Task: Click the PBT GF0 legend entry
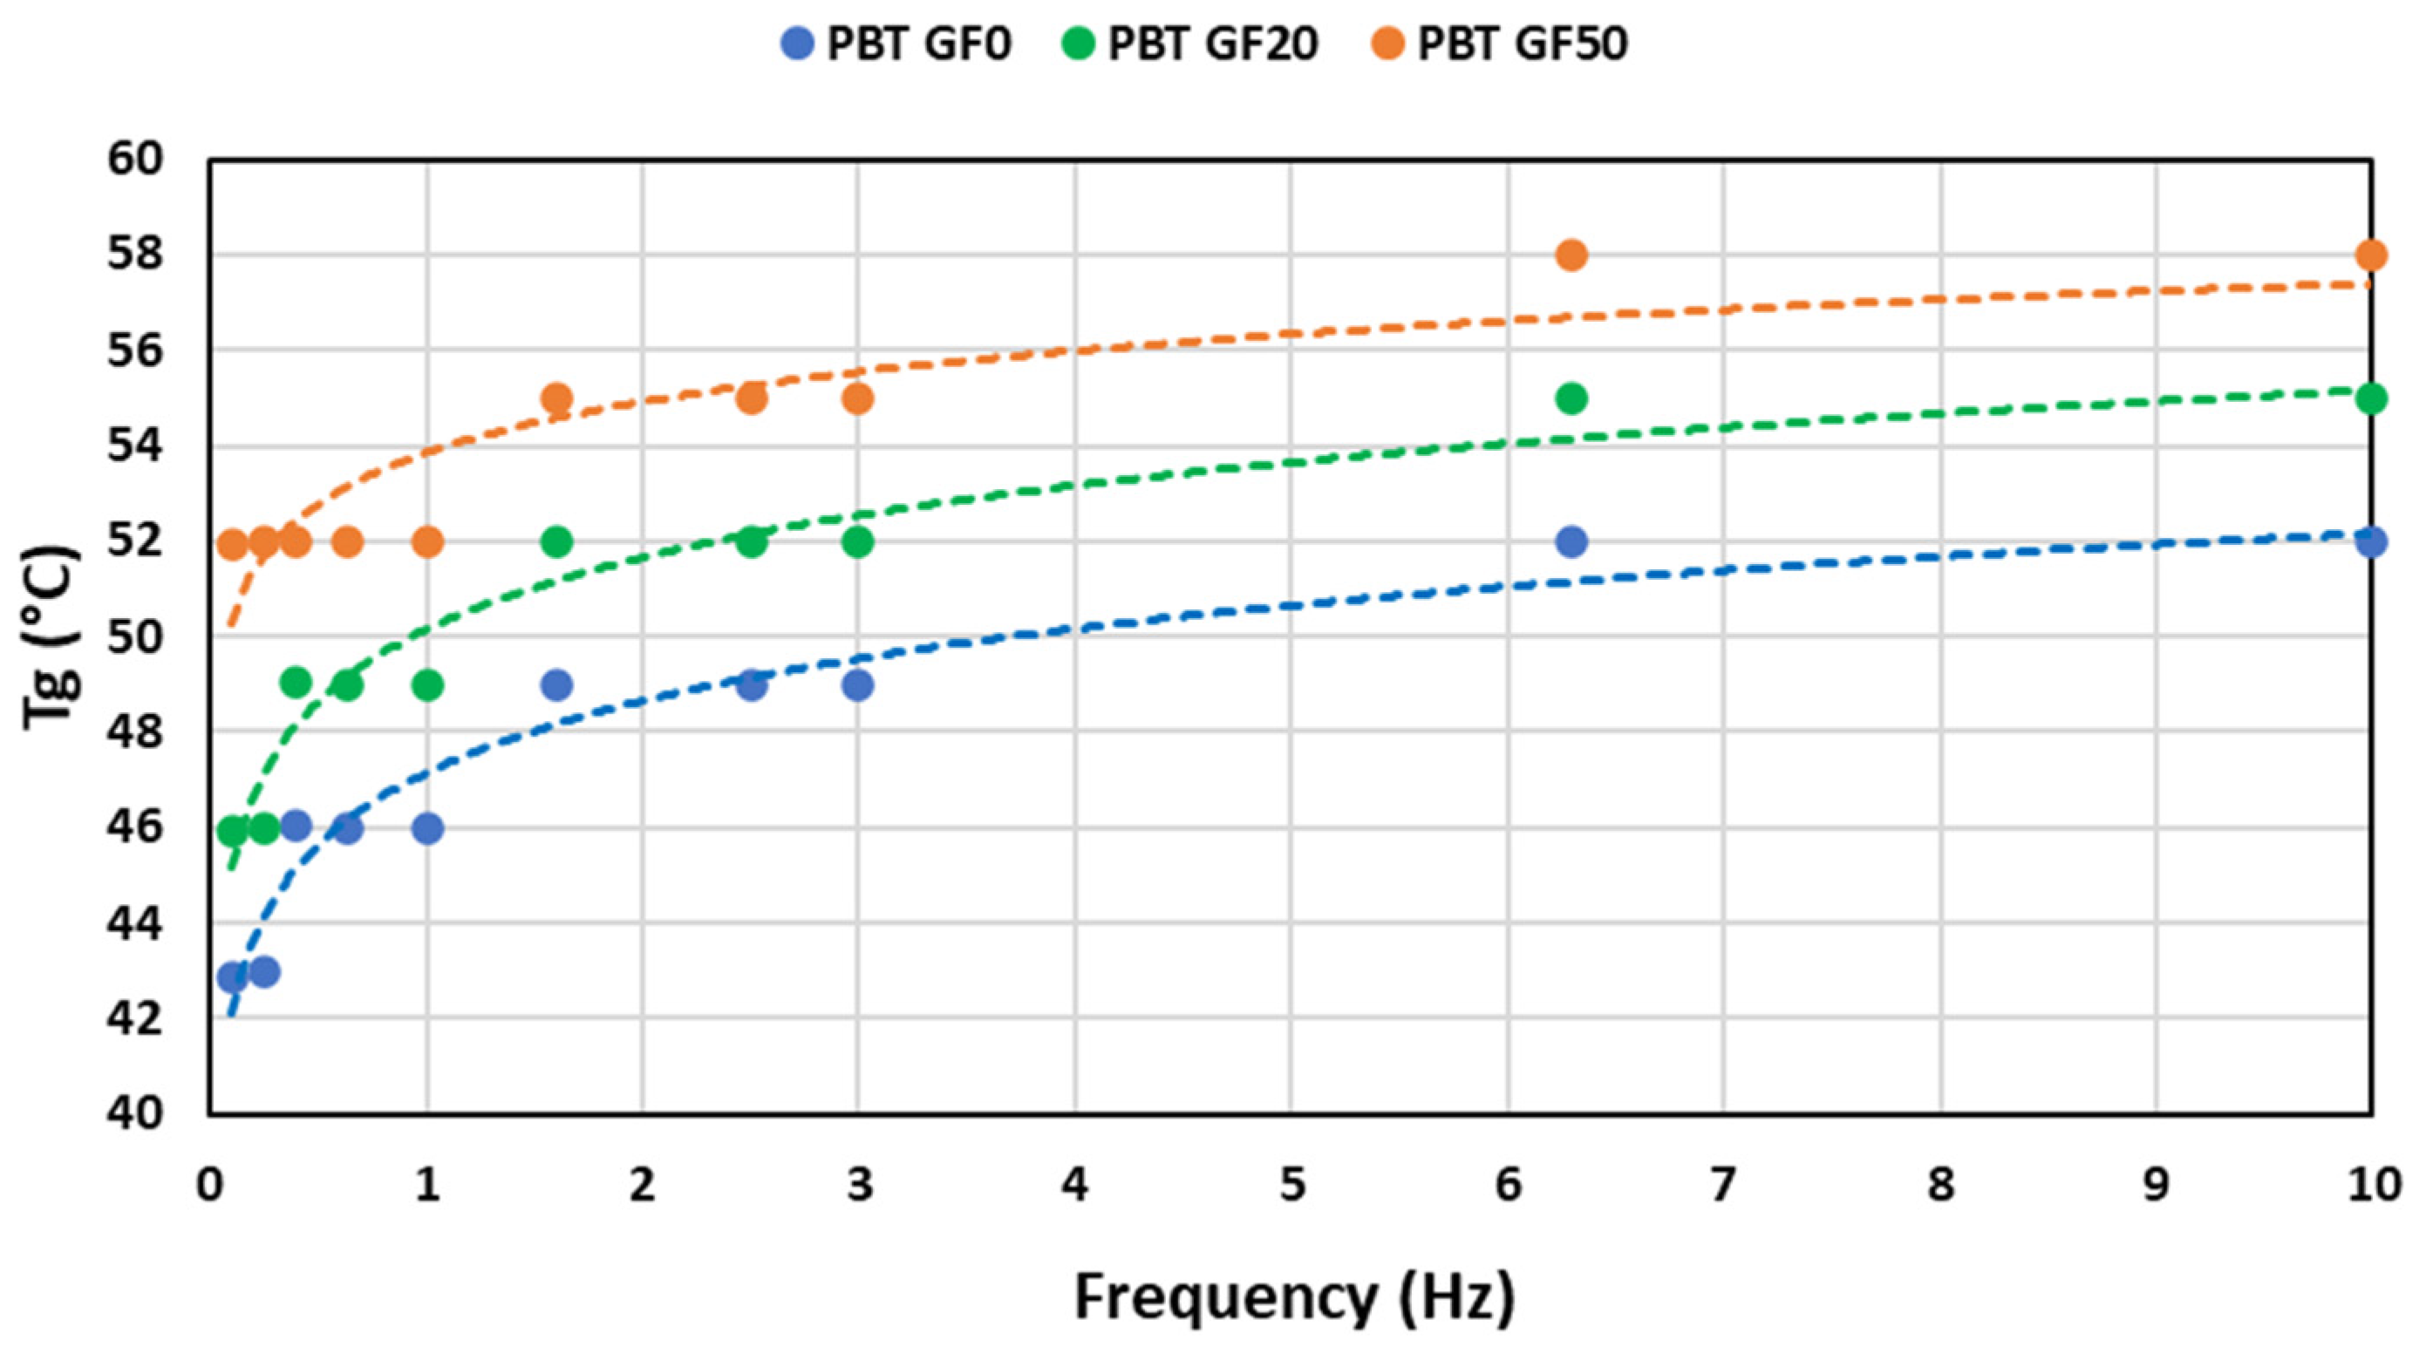tap(897, 44)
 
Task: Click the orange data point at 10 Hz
tap(2371, 255)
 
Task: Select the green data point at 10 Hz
tap(2371, 398)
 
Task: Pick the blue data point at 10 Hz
tap(2371, 542)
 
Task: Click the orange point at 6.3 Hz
tap(1571, 255)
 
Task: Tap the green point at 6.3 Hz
tap(1571, 398)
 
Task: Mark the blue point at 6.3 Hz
tap(1571, 542)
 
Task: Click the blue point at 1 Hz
tap(428, 828)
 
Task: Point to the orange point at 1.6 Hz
tap(557, 398)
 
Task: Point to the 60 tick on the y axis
tap(136, 159)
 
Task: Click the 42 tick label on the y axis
tap(136, 1018)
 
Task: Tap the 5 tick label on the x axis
tap(1292, 1185)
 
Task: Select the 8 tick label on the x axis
tap(1940, 1185)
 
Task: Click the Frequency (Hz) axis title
tap(1294, 1296)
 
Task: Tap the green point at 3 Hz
tap(857, 542)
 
